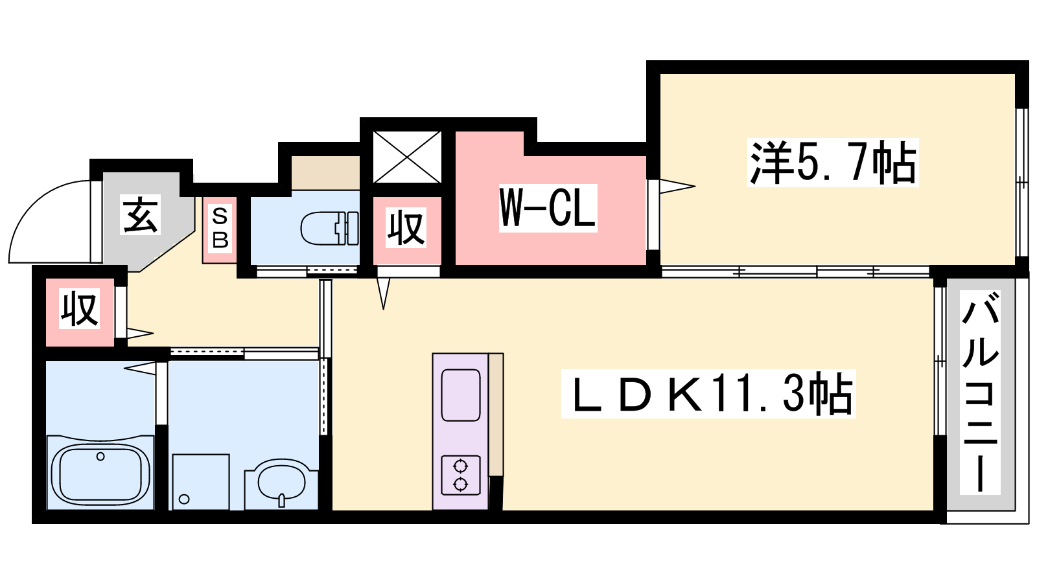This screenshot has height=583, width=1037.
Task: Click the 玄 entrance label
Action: tap(140, 214)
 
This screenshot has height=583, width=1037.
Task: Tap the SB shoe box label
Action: tap(220, 228)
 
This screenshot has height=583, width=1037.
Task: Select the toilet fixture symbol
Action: tap(329, 229)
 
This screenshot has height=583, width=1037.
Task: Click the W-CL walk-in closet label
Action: tap(548, 208)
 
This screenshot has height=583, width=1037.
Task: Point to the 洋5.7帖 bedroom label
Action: tap(833, 163)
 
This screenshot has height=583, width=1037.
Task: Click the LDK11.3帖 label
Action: tap(708, 394)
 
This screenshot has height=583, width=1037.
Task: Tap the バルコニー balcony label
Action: tap(980, 393)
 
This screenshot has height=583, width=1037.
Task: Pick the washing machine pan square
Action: tap(201, 482)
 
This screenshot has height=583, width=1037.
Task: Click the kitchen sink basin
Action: tap(461, 395)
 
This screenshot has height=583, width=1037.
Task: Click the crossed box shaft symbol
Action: tap(407, 157)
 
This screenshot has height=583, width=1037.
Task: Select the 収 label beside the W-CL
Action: tap(406, 227)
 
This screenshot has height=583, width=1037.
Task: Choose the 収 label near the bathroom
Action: tap(80, 308)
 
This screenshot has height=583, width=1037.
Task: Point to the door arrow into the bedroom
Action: tap(677, 186)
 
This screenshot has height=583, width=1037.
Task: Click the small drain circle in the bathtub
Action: tap(100, 457)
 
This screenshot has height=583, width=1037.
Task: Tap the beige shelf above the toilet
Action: tap(325, 172)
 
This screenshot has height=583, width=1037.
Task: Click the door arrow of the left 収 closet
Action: tap(140, 333)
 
